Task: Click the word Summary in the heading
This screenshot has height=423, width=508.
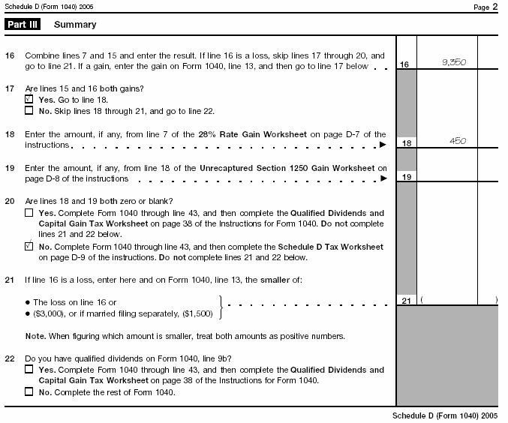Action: [75, 25]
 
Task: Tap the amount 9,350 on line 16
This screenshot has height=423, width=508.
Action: [454, 63]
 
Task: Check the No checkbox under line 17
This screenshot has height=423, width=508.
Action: [29, 111]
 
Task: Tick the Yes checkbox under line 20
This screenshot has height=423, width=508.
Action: [29, 213]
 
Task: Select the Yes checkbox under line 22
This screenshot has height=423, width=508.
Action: [29, 370]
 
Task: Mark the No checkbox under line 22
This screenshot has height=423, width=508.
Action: [29, 391]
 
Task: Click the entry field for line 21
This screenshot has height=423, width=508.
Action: [458, 300]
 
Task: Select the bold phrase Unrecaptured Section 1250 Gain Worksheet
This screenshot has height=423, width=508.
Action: [292, 169]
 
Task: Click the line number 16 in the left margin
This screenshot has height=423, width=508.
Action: [10, 56]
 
